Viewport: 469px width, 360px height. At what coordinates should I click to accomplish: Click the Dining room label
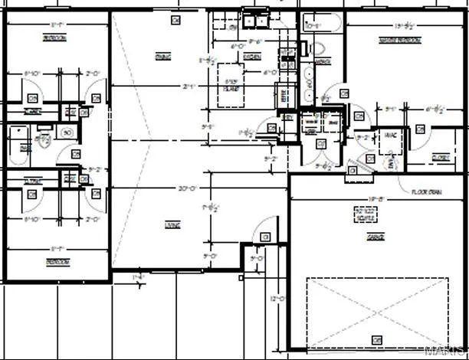click(162, 57)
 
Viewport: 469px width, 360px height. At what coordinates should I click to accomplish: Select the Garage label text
click(375, 238)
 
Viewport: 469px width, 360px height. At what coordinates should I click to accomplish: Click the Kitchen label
click(251, 57)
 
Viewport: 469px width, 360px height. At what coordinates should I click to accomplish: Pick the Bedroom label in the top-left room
click(54, 38)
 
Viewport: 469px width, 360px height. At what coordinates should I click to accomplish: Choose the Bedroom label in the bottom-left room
click(56, 262)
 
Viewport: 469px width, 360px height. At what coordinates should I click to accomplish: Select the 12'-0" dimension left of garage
click(278, 299)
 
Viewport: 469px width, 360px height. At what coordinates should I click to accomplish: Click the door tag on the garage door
click(376, 339)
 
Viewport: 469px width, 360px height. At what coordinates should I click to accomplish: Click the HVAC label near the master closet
click(389, 135)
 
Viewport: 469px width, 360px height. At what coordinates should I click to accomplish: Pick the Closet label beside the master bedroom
click(440, 158)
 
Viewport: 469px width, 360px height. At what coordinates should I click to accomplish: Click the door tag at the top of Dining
click(175, 19)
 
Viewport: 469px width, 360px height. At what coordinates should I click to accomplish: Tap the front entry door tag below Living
click(265, 237)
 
